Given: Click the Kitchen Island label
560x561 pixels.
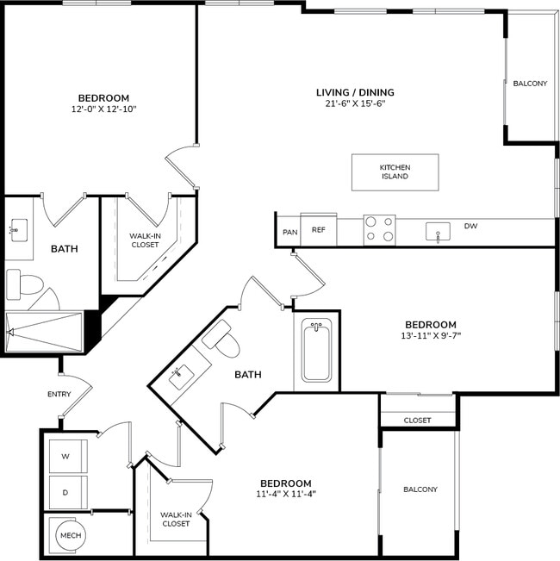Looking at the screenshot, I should [395, 171].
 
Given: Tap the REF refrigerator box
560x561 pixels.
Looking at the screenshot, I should [318, 230].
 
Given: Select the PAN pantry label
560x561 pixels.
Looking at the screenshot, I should [289, 232].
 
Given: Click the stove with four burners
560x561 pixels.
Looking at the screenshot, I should [378, 229].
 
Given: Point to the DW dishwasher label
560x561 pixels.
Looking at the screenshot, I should [470, 227].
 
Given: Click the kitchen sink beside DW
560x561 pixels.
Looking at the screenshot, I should [439, 232].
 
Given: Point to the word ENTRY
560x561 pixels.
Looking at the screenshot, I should [59, 395].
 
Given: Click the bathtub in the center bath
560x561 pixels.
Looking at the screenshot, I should [316, 352].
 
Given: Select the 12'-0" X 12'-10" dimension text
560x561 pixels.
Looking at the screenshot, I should [103, 109].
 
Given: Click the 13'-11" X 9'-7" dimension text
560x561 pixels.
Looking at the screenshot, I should [431, 335].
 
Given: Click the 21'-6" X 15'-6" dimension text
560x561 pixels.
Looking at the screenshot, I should [354, 103].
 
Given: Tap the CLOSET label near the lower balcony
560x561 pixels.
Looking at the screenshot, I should [417, 421].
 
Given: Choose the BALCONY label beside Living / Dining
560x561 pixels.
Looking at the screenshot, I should [530, 84].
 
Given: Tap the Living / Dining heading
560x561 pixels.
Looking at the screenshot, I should [355, 92].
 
